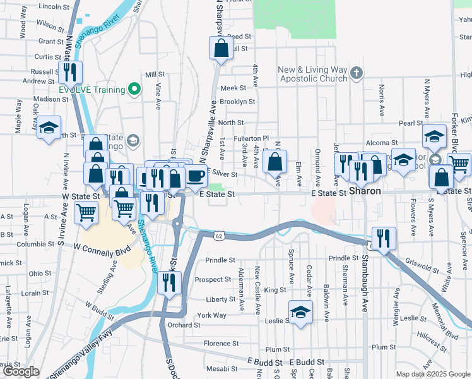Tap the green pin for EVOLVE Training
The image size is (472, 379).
[x=134, y=90]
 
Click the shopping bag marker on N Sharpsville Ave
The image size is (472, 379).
[x=221, y=49]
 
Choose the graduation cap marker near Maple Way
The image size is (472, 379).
[x=49, y=128]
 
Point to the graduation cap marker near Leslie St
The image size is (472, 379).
[x=300, y=312]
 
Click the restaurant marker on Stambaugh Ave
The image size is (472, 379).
[x=384, y=239]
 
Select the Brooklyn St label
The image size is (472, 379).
[x=237, y=101]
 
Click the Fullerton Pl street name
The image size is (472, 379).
[x=252, y=138]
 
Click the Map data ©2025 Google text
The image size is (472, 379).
[x=433, y=374]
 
